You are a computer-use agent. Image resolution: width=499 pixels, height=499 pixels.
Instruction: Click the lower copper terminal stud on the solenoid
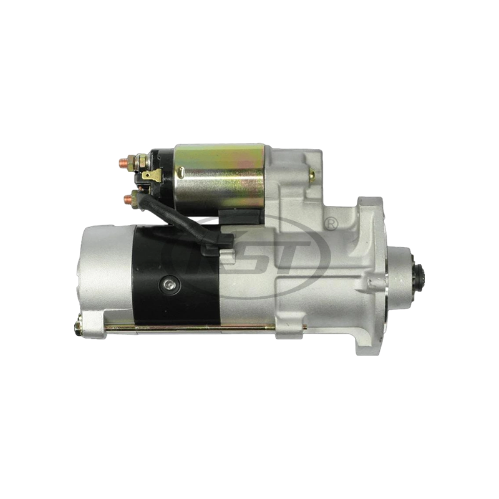(128, 199)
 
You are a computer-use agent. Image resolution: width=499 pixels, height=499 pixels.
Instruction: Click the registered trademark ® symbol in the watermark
(332, 222)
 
